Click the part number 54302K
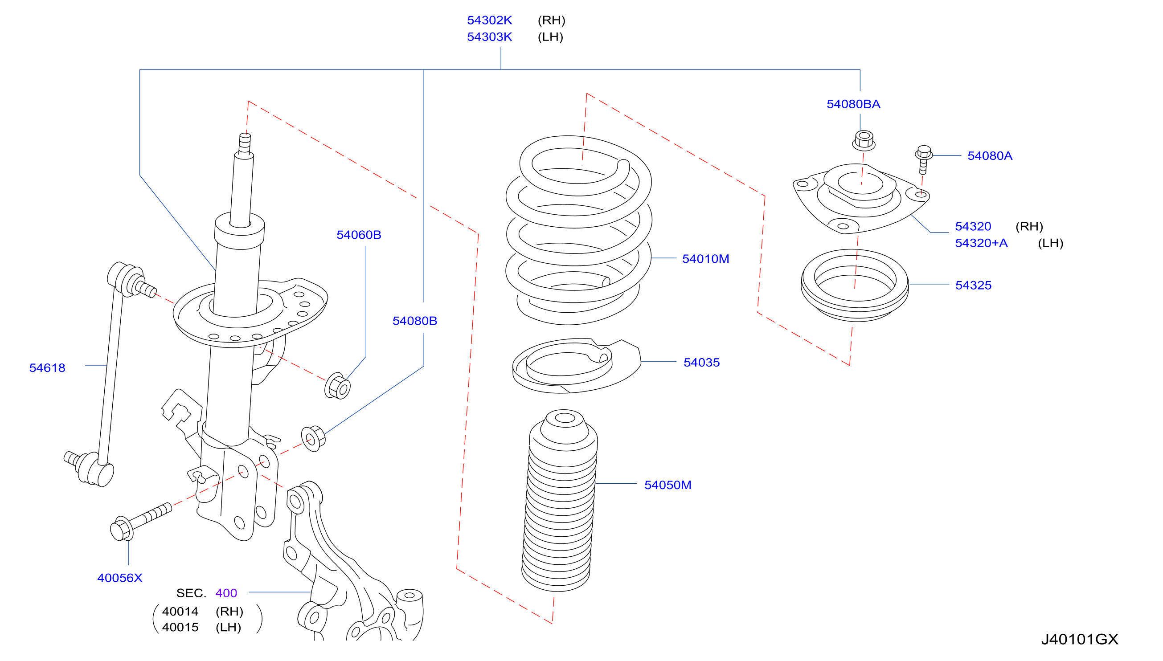[489, 20]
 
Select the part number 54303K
[489, 37]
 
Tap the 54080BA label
[853, 104]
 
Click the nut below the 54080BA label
[863, 140]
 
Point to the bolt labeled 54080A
[923, 159]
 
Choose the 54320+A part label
[981, 243]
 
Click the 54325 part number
[973, 285]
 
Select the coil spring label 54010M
[705, 259]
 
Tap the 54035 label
[701, 362]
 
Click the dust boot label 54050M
[667, 485]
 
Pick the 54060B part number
[358, 235]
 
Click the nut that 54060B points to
[337, 386]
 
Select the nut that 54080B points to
[313, 438]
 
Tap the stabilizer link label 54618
[47, 368]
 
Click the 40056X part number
[119, 578]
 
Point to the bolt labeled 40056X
[140, 522]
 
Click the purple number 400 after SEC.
[226, 593]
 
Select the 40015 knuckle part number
[180, 627]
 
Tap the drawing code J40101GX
[1079, 639]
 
